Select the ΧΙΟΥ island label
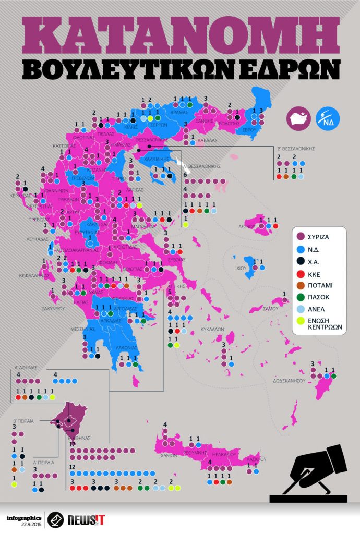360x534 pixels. tap(241, 268)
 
